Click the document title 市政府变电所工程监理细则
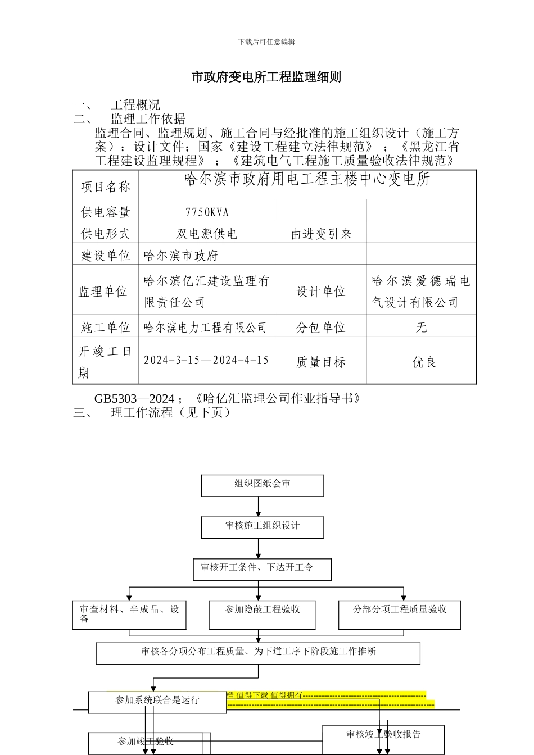tap(266, 77)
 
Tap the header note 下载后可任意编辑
tap(266, 42)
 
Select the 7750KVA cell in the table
tap(207, 212)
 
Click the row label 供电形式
tap(106, 234)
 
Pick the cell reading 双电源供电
tap(207, 234)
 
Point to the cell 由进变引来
tap(321, 234)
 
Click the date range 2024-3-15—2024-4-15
tap(206, 360)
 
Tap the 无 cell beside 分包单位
tap(422, 327)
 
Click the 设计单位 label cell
tap(321, 292)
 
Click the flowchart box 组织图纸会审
tap(263, 485)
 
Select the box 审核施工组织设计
tap(263, 527)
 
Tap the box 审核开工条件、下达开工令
tap(262, 568)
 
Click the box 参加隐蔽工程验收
tap(263, 614)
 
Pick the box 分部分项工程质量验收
tap(399, 614)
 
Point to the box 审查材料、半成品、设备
tap(129, 614)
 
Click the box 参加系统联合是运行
tap(157, 701)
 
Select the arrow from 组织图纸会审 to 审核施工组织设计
tap(259, 507)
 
